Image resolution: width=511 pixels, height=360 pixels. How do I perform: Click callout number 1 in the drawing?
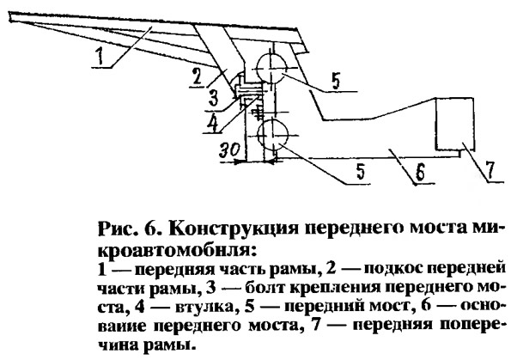point(100,57)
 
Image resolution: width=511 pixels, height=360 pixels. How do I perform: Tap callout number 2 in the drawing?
point(196,78)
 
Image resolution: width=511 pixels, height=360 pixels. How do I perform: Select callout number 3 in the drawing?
point(214,99)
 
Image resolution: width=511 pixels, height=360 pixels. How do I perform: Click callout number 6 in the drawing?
point(420,173)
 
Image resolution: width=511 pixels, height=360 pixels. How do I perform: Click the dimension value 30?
point(230,150)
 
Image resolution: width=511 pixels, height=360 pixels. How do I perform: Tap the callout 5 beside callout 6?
point(361,172)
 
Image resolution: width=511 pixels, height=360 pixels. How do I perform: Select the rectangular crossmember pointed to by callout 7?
point(455,124)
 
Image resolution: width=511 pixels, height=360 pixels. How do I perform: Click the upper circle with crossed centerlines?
point(272,69)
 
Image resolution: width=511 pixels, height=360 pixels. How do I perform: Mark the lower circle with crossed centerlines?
point(273,135)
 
